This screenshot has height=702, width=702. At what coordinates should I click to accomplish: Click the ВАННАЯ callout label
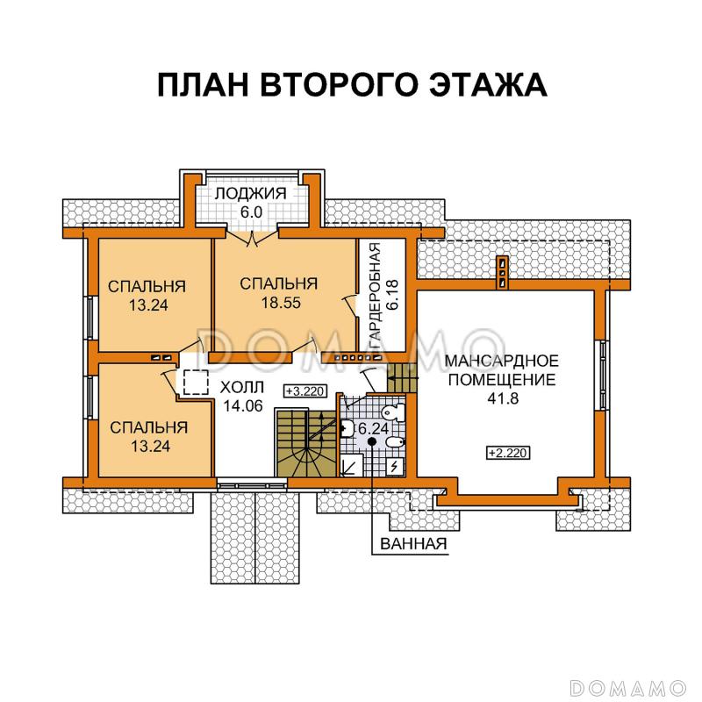tap(414, 544)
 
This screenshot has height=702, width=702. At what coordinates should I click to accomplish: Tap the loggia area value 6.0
tap(254, 212)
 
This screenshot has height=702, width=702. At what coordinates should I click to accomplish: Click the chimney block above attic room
tap(502, 272)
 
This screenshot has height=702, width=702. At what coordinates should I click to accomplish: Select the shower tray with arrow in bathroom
tap(349, 463)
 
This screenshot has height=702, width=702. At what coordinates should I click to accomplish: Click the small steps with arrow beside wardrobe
tap(400, 380)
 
